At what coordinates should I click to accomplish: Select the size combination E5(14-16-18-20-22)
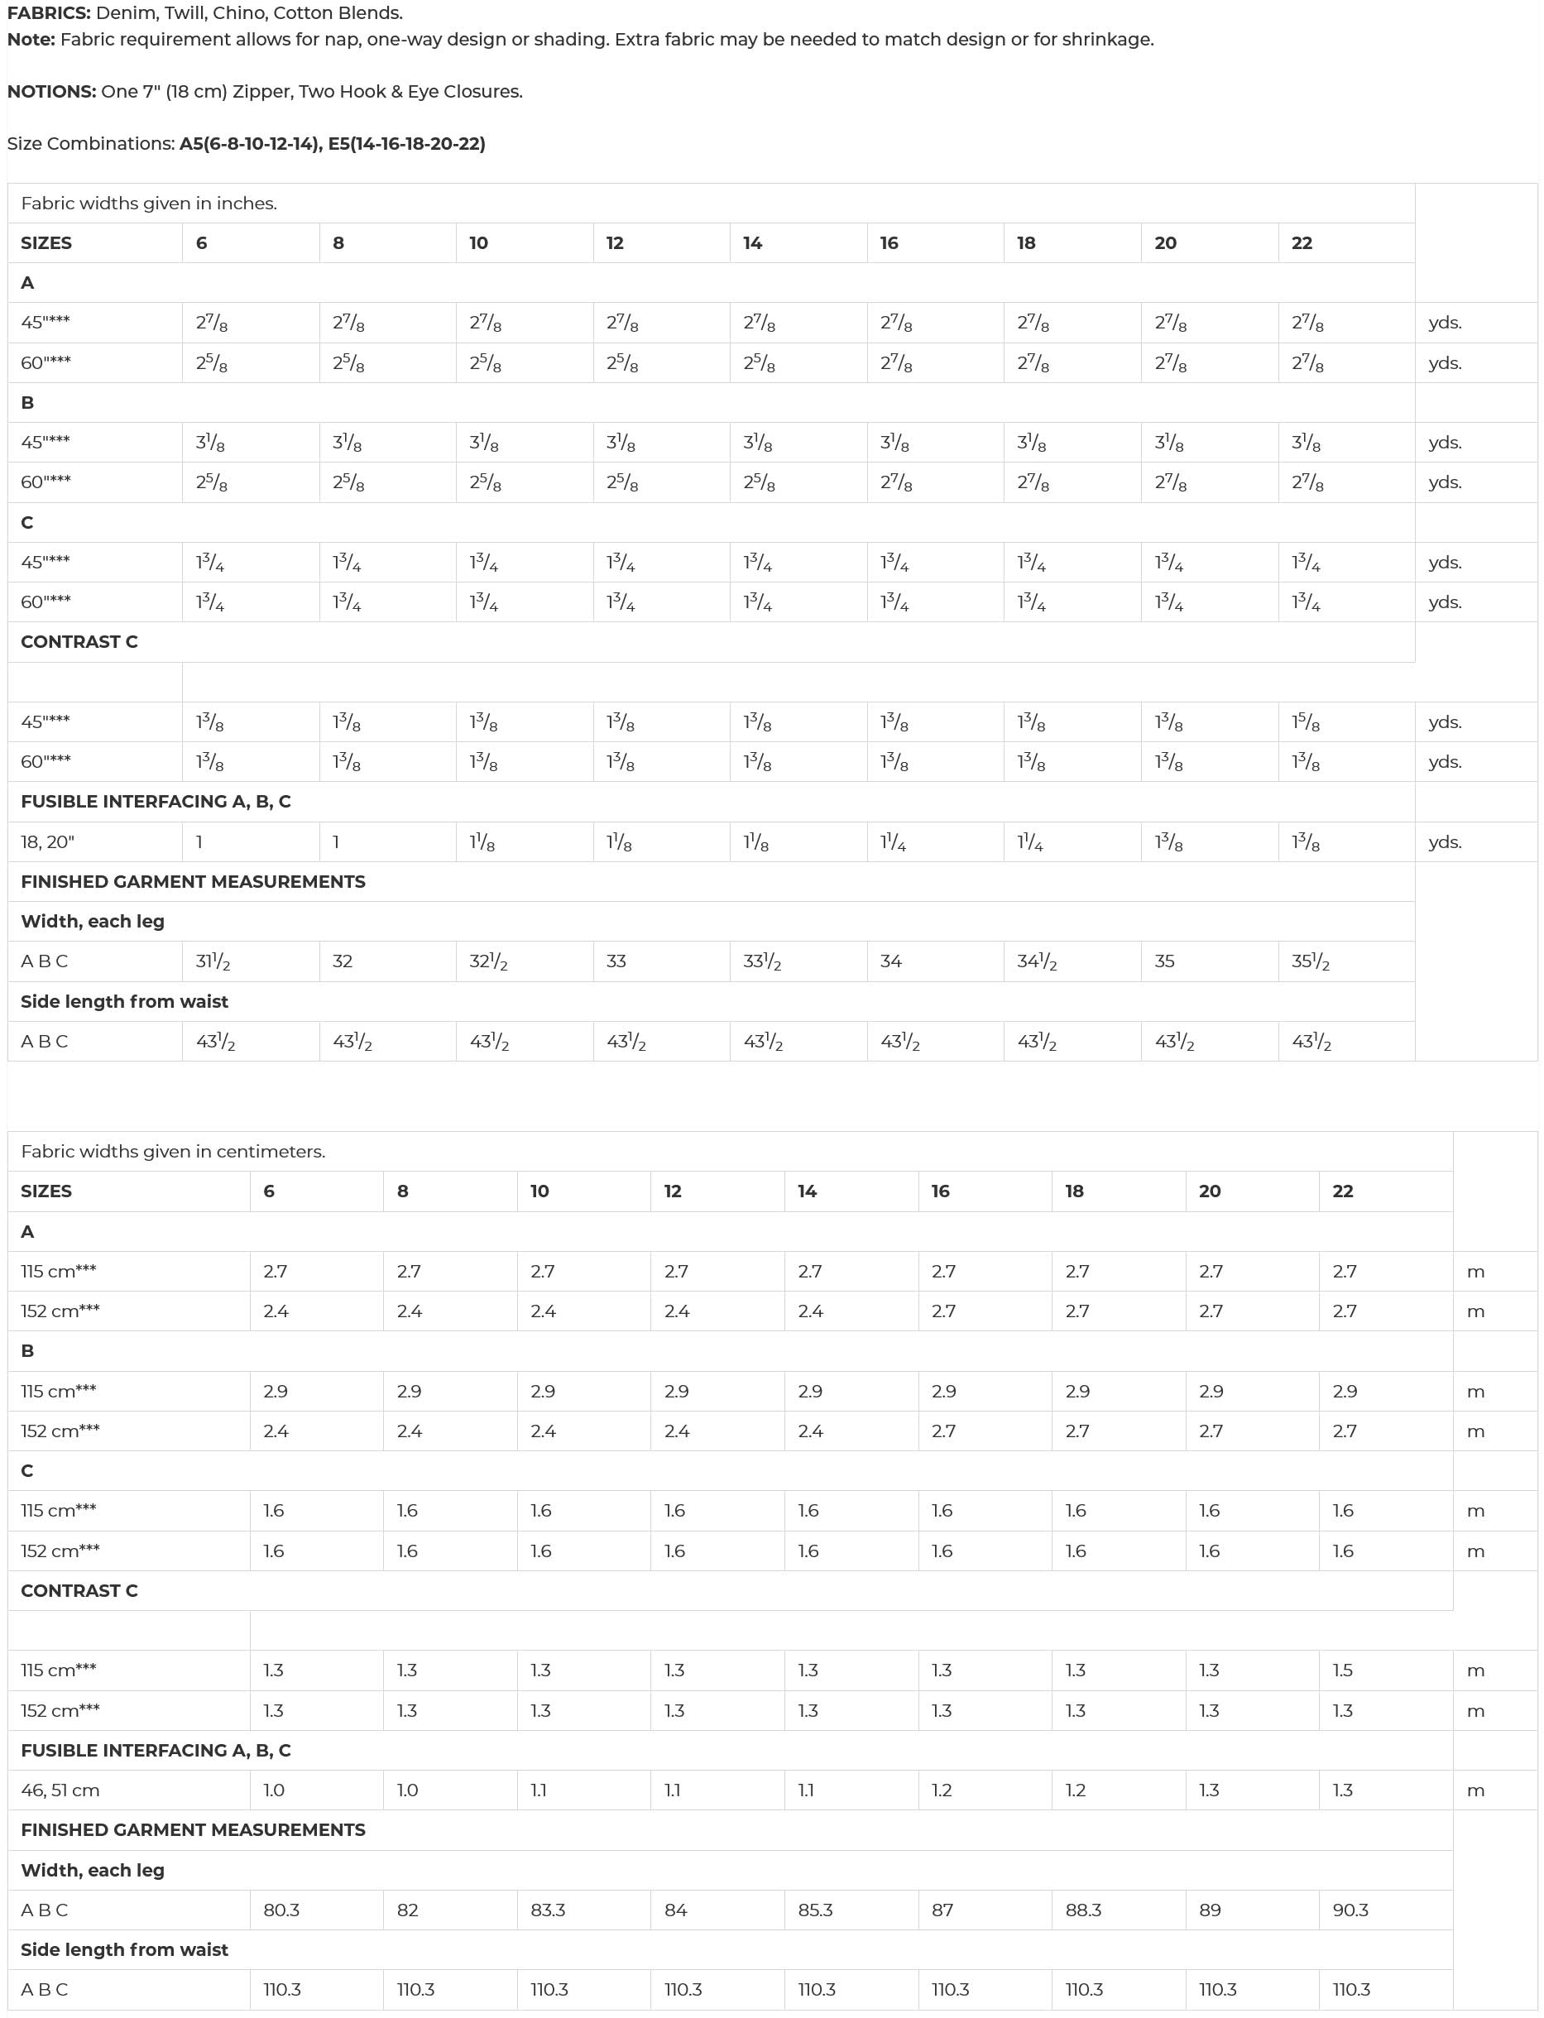coord(406,143)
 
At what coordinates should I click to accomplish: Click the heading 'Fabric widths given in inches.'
coord(149,203)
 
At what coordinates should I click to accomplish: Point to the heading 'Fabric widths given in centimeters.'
coord(173,1152)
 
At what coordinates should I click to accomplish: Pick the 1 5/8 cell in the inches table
coord(1306,722)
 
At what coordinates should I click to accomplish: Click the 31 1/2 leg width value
coord(213,961)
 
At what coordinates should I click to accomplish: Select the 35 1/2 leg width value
coord(1311,961)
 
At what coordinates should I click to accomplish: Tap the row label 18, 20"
coord(48,841)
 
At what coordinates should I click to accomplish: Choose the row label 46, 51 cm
coord(60,1790)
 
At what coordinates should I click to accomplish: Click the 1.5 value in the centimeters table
coord(1343,1670)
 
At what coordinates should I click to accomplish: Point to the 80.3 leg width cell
coord(281,1910)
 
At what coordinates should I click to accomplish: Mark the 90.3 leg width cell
coord(1351,1910)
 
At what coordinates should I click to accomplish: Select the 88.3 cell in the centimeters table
coord(1084,1910)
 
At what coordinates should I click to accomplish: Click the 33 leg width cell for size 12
coord(616,961)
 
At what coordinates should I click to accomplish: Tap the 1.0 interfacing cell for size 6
coord(274,1790)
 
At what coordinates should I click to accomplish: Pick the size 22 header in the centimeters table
coord(1343,1191)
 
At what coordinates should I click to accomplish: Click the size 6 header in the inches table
coord(201,242)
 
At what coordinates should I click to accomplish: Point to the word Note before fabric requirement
coord(31,40)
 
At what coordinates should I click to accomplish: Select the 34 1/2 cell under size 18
coord(1037,961)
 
